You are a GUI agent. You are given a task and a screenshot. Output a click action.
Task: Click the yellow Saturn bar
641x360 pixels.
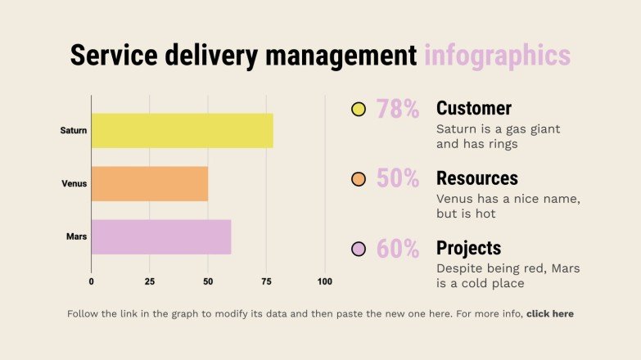point(182,131)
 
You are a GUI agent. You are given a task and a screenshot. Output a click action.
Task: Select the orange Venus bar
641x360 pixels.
point(149,184)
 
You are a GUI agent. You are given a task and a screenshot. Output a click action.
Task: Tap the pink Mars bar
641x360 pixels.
point(160,237)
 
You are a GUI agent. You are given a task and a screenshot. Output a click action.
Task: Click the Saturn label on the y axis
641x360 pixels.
point(74,131)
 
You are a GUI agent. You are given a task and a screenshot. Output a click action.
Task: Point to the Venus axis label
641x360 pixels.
point(74,184)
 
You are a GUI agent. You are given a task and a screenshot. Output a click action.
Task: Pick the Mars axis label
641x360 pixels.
point(76,237)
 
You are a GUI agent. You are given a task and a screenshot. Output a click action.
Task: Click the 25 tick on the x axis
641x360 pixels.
point(149,282)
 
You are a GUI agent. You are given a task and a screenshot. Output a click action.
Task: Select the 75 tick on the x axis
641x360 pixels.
point(266,282)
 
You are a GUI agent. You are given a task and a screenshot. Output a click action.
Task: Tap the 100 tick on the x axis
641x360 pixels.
point(324,282)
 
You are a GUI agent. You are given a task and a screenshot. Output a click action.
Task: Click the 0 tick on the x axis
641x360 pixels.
point(91,282)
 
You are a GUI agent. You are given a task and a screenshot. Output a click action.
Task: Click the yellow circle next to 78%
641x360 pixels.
point(358,109)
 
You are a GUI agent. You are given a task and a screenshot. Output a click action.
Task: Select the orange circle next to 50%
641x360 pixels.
point(358,179)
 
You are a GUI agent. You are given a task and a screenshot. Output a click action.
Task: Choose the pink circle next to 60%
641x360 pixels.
point(358,249)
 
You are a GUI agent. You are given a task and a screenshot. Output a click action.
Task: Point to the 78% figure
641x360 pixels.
point(397,109)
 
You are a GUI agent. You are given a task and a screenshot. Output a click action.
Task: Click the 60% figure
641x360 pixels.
point(397,249)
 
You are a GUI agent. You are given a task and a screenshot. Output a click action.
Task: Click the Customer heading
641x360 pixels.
point(473,109)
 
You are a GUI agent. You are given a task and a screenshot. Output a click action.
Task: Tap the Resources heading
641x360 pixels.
point(476,178)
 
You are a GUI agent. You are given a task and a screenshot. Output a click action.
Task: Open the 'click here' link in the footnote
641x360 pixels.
point(549,313)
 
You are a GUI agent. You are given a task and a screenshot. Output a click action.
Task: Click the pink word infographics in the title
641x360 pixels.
point(497,56)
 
